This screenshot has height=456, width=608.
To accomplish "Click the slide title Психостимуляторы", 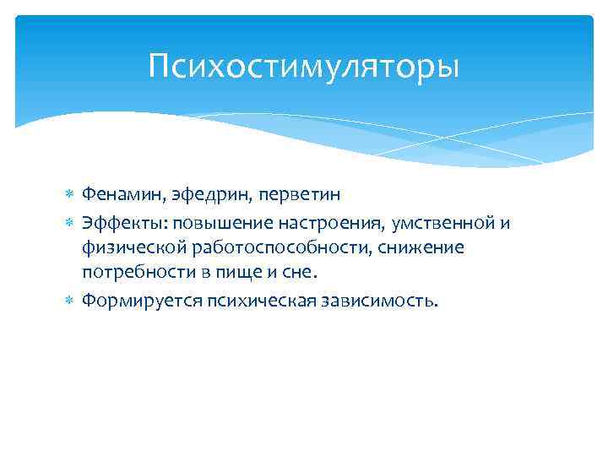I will [304, 66].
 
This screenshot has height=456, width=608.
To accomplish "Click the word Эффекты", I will [117, 222].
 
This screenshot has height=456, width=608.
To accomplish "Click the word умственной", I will [444, 222].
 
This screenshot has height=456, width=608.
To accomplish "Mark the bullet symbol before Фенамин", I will [70, 196].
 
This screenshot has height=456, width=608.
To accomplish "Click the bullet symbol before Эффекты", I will [70, 223].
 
